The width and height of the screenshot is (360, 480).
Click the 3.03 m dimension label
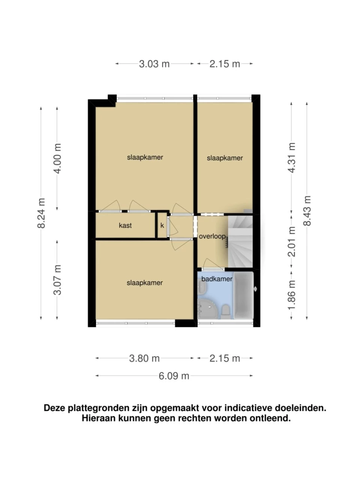[154, 64]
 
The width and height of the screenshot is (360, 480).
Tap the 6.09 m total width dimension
[174, 376]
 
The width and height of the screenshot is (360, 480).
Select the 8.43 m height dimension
[307, 211]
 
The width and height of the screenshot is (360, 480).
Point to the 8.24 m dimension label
[41, 213]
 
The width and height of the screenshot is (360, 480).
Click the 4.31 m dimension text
[291, 157]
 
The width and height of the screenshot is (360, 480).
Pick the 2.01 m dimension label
[291, 242]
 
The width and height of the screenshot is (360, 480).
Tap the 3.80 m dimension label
[144, 358]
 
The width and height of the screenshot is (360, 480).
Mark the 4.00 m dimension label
[57, 159]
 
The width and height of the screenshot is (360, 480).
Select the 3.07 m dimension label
[57, 280]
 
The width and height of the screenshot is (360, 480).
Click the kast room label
[125, 225]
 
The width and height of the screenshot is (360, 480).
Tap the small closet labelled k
[162, 225]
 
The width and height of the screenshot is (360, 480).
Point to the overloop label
[212, 236]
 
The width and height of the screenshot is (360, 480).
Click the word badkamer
[217, 279]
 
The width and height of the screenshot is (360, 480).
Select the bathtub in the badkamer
[243, 295]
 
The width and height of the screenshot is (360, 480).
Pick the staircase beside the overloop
[240, 241]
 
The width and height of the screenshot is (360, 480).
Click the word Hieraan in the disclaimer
[99, 418]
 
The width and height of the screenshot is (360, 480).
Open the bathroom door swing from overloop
[213, 264]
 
